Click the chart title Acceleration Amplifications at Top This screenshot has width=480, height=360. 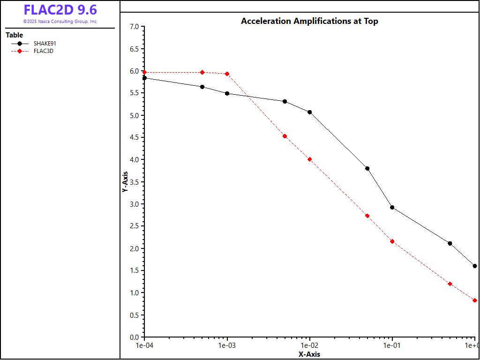click(x=309, y=21)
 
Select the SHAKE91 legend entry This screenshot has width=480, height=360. click(x=45, y=44)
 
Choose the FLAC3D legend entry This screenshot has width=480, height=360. click(x=44, y=51)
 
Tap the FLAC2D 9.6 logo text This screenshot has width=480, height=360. click(x=60, y=10)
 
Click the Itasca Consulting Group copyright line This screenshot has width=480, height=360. click(x=60, y=22)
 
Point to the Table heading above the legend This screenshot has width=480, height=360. click(x=14, y=35)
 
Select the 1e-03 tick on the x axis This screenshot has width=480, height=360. click(x=227, y=345)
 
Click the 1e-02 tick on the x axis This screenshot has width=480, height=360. click(x=310, y=345)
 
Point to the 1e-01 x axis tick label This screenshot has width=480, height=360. click(x=392, y=345)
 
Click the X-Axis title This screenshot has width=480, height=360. click(x=309, y=354)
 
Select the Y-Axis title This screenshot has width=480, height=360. click(x=125, y=182)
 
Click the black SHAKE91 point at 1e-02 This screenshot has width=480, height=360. click(x=310, y=112)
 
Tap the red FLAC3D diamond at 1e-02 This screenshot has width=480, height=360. click(x=310, y=159)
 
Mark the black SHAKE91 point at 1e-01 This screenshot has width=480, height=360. click(x=392, y=207)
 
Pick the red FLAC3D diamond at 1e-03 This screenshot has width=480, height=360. click(x=227, y=74)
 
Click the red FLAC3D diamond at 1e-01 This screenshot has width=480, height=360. click(x=392, y=241)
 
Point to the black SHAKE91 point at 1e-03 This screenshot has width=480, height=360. click(x=227, y=93)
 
